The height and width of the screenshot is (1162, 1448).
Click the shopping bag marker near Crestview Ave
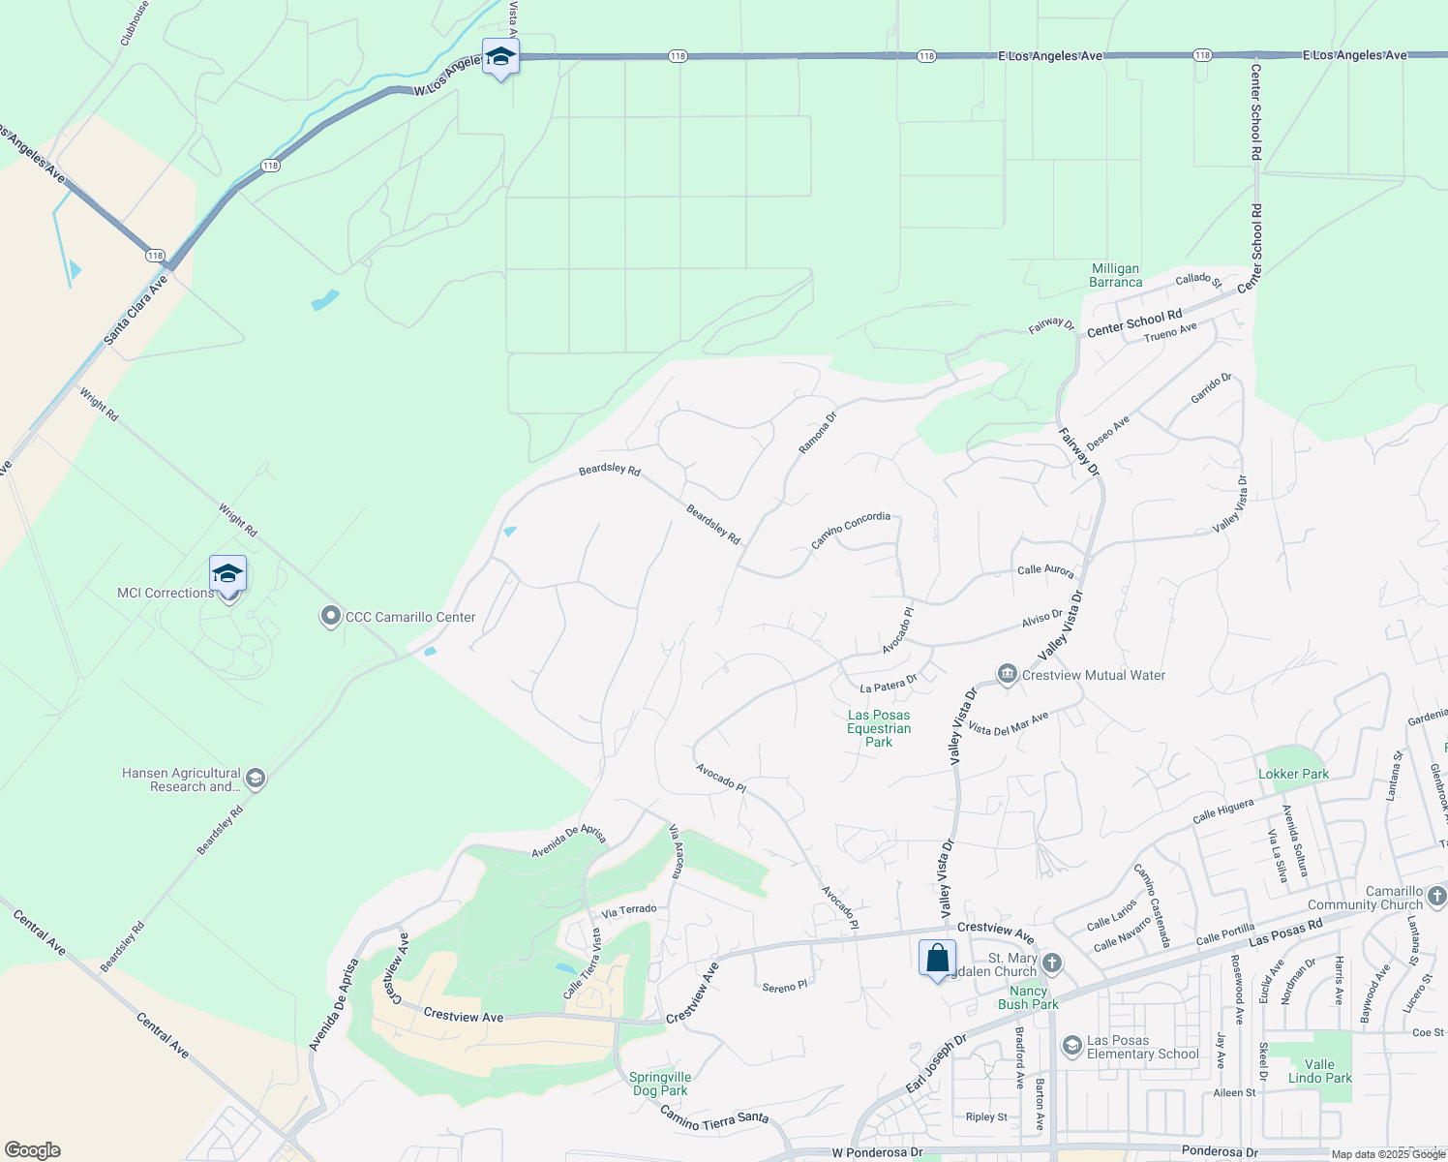click(x=937, y=959)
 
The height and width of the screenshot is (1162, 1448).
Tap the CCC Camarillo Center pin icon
click(x=331, y=617)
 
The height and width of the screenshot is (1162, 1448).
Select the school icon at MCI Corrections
click(x=227, y=574)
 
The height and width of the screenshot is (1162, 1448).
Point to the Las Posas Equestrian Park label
click(x=879, y=728)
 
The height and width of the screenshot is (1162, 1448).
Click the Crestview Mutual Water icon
click(x=1007, y=674)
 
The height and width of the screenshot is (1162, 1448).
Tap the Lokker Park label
click(x=1293, y=774)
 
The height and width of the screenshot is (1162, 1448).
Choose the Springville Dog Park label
click(x=660, y=1084)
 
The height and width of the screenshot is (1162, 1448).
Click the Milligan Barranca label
click(x=1115, y=276)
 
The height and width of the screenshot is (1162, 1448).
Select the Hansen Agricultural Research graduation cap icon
click(x=256, y=780)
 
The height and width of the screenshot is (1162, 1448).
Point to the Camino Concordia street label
click(x=851, y=530)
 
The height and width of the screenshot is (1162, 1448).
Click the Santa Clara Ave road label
click(x=136, y=310)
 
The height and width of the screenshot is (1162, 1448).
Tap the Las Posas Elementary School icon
click(x=1071, y=1046)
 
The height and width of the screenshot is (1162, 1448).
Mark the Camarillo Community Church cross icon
click(x=1436, y=898)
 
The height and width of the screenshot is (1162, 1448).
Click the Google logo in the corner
click(x=32, y=1150)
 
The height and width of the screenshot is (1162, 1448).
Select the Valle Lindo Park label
click(x=1320, y=1071)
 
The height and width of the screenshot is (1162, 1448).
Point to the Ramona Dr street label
click(x=817, y=433)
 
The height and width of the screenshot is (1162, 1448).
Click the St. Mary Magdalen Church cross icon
click(x=1052, y=963)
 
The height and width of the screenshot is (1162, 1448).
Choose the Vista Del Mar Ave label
click(x=1008, y=724)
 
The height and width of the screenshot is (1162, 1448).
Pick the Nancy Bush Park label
click(x=1028, y=997)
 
